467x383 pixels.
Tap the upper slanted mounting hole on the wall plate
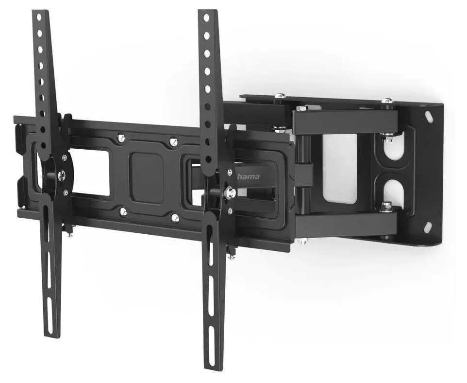(430, 116)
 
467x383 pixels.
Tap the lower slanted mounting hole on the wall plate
(429, 226)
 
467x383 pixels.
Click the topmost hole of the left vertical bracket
(38, 17)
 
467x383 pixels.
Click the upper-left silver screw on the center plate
(121, 138)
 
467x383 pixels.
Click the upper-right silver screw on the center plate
(173, 141)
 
